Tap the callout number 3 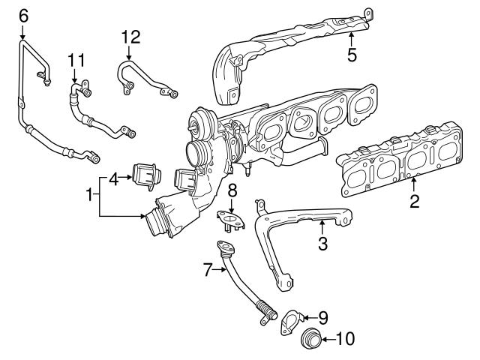pos(322,243)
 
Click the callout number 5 pos(351,54)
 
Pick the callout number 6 pos(22,14)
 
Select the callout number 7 pos(208,270)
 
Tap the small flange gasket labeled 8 pos(232,218)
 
